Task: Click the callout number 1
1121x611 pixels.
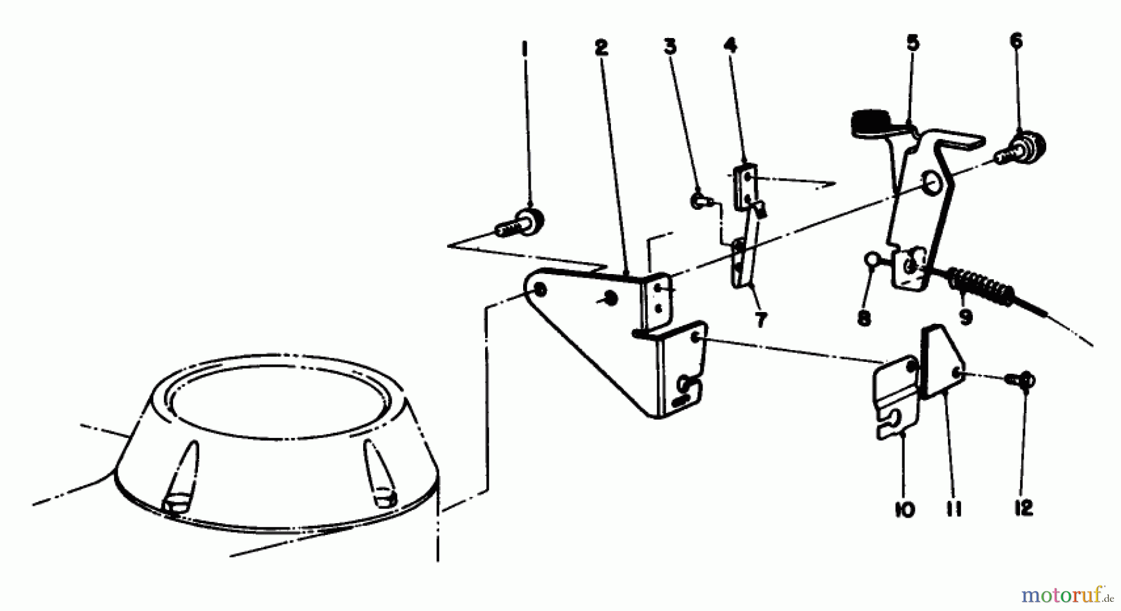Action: click(524, 47)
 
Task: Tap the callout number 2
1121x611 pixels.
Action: click(601, 47)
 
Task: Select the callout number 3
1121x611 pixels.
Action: click(670, 47)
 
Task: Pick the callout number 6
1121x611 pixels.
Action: click(1016, 41)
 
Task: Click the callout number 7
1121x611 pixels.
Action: click(760, 320)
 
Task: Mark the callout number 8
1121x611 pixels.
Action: click(864, 319)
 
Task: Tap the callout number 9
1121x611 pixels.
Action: click(966, 317)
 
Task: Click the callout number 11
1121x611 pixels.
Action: click(953, 509)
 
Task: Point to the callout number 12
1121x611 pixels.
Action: click(1023, 508)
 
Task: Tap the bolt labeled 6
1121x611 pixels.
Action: click(1024, 149)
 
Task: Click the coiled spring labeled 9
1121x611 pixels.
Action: click(980, 288)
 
